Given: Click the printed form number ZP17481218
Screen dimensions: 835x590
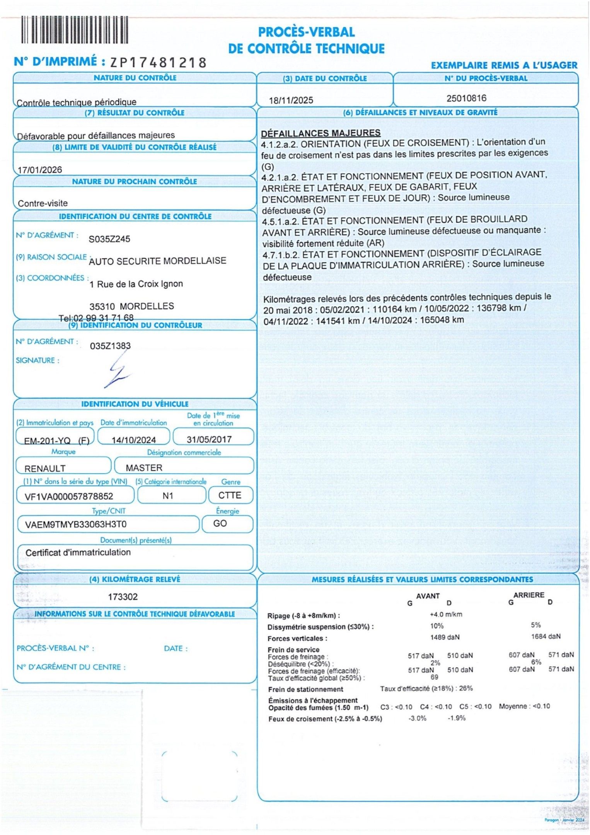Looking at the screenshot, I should (x=159, y=63).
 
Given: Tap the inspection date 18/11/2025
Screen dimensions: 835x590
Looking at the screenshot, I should (x=291, y=101).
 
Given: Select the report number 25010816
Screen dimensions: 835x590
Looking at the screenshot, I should (x=466, y=98).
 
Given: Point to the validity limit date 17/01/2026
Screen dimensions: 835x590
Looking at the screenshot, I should (x=40, y=170).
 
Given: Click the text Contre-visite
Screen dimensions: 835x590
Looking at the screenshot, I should (x=43, y=203).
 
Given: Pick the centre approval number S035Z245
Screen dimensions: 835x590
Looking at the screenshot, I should (x=109, y=239).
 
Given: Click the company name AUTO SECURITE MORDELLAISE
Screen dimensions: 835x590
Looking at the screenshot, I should (x=158, y=261).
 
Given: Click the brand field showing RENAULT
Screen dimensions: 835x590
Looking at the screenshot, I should (x=45, y=469).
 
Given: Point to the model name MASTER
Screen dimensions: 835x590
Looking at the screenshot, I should (x=144, y=468).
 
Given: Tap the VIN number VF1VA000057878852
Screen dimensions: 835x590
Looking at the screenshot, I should (x=69, y=496).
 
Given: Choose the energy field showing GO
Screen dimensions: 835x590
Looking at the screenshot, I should (x=220, y=523).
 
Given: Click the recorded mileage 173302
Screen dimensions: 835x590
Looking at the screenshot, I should (x=123, y=597).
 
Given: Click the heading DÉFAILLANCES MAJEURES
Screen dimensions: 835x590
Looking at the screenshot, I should (x=321, y=133).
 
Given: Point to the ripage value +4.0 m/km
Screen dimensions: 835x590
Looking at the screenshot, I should (x=446, y=614).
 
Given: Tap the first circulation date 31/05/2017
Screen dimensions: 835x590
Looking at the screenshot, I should (x=209, y=439).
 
